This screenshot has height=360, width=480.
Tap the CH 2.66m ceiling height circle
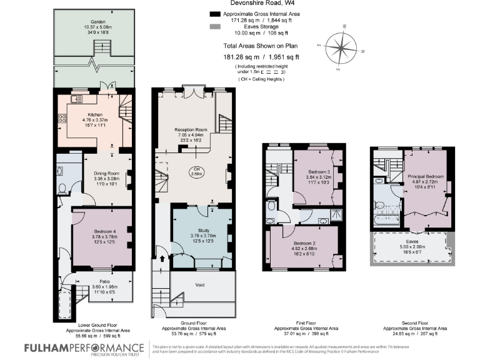click(x=196, y=172)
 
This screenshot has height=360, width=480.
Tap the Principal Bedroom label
click(x=426, y=176)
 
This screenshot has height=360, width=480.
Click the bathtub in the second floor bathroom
click(x=387, y=219)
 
